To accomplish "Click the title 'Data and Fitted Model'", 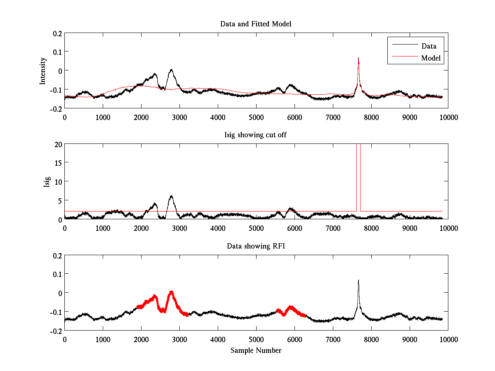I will (256, 24).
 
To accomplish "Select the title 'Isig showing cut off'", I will (256, 135).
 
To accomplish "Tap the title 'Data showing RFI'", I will (256, 246).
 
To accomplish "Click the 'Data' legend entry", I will (429, 46).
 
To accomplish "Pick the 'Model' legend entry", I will (431, 58).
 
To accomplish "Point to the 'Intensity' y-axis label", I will (43, 71).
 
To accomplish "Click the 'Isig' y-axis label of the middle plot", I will (47, 182).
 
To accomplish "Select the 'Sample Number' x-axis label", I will (256, 350).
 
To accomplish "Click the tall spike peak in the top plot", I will (358, 58).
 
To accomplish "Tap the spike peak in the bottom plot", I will (358, 280).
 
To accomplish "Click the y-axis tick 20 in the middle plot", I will (57, 144).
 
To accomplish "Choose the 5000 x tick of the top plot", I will (256, 117).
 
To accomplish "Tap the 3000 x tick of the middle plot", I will (179, 228).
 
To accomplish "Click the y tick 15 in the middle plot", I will (57, 163).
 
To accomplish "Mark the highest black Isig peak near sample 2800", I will (171, 196).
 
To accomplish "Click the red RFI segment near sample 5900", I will (291, 307).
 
